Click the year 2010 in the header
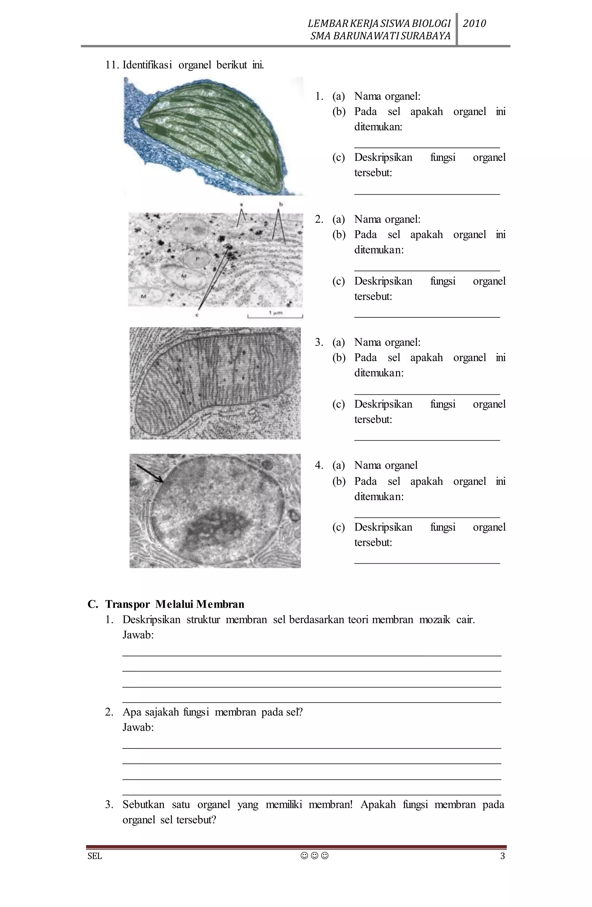474,24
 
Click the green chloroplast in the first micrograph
214,130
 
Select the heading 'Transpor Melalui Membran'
175,604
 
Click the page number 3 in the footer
502,856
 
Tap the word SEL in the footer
95,856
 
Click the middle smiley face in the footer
314,856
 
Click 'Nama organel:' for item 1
387,96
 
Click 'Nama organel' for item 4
386,465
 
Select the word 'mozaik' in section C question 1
434,620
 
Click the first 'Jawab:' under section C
138,635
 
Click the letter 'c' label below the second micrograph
197,315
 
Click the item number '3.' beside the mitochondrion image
319,342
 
